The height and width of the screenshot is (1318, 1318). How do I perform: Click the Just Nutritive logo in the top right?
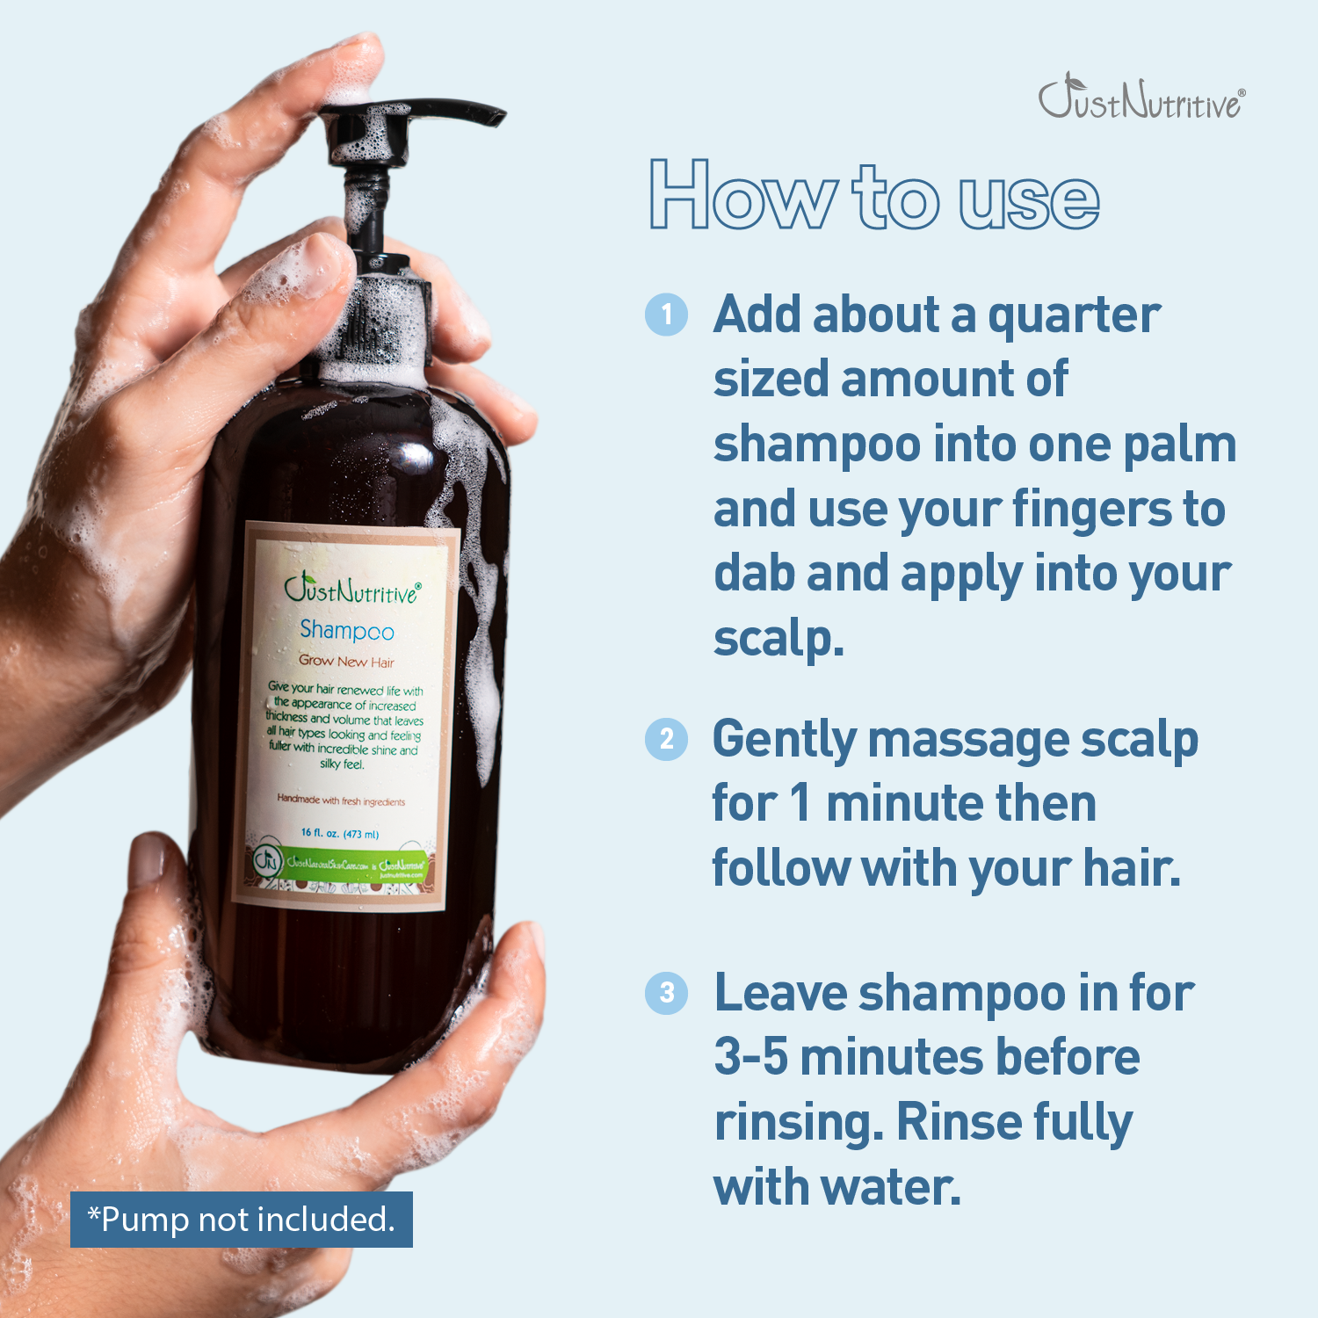click(x=1141, y=98)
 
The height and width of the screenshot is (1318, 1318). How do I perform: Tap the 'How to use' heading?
click(x=873, y=196)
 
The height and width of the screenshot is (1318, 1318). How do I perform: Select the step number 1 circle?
click(x=667, y=315)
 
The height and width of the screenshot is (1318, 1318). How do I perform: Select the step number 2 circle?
click(x=667, y=739)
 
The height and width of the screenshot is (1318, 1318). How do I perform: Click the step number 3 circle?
click(x=667, y=993)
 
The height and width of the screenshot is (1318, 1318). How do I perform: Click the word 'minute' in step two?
click(x=889, y=804)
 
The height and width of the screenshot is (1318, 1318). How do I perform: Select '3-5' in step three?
click(x=750, y=1057)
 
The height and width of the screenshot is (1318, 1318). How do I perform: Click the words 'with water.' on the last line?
click(x=837, y=1187)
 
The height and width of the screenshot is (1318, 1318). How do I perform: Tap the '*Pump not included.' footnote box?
click(x=242, y=1220)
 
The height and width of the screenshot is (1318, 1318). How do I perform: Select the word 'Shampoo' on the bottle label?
click(x=347, y=630)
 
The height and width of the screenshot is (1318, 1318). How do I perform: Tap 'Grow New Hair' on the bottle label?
click(x=346, y=661)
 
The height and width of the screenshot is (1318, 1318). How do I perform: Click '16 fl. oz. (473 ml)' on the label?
click(x=340, y=833)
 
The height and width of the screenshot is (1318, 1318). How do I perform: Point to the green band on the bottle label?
click(x=343, y=863)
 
